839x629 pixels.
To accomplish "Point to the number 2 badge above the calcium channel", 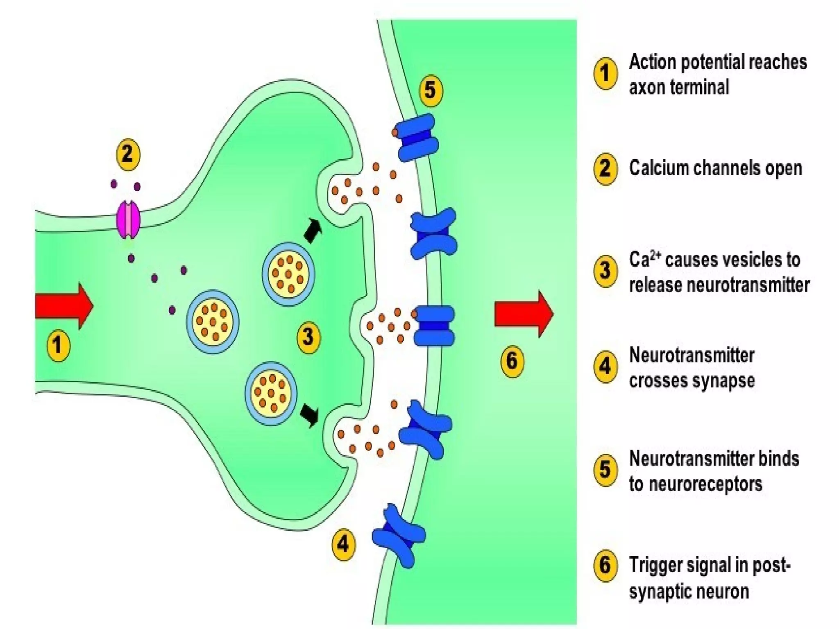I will pyautogui.click(x=128, y=155).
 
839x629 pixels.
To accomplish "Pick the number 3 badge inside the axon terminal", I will pyautogui.click(x=308, y=337).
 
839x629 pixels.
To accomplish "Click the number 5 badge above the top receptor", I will pyautogui.click(x=431, y=90).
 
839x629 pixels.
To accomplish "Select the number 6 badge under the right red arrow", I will pyautogui.click(x=512, y=361).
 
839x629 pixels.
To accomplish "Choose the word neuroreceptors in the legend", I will pyautogui.click(x=705, y=484).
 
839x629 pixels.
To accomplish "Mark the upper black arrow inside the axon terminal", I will pyautogui.click(x=313, y=231).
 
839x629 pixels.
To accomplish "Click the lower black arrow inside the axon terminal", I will pyautogui.click(x=310, y=415).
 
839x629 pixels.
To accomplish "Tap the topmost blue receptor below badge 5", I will pyautogui.click(x=418, y=137).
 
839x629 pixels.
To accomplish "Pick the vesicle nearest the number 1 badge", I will pyautogui.click(x=213, y=322).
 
